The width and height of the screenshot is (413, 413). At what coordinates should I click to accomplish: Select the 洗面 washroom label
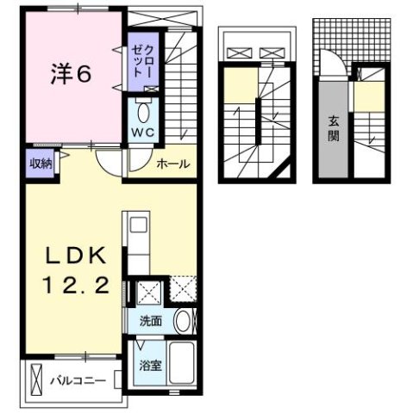151,322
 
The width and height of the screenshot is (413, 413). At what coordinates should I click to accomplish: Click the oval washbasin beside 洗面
183,322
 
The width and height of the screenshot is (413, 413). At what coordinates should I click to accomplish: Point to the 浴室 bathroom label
150,365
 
